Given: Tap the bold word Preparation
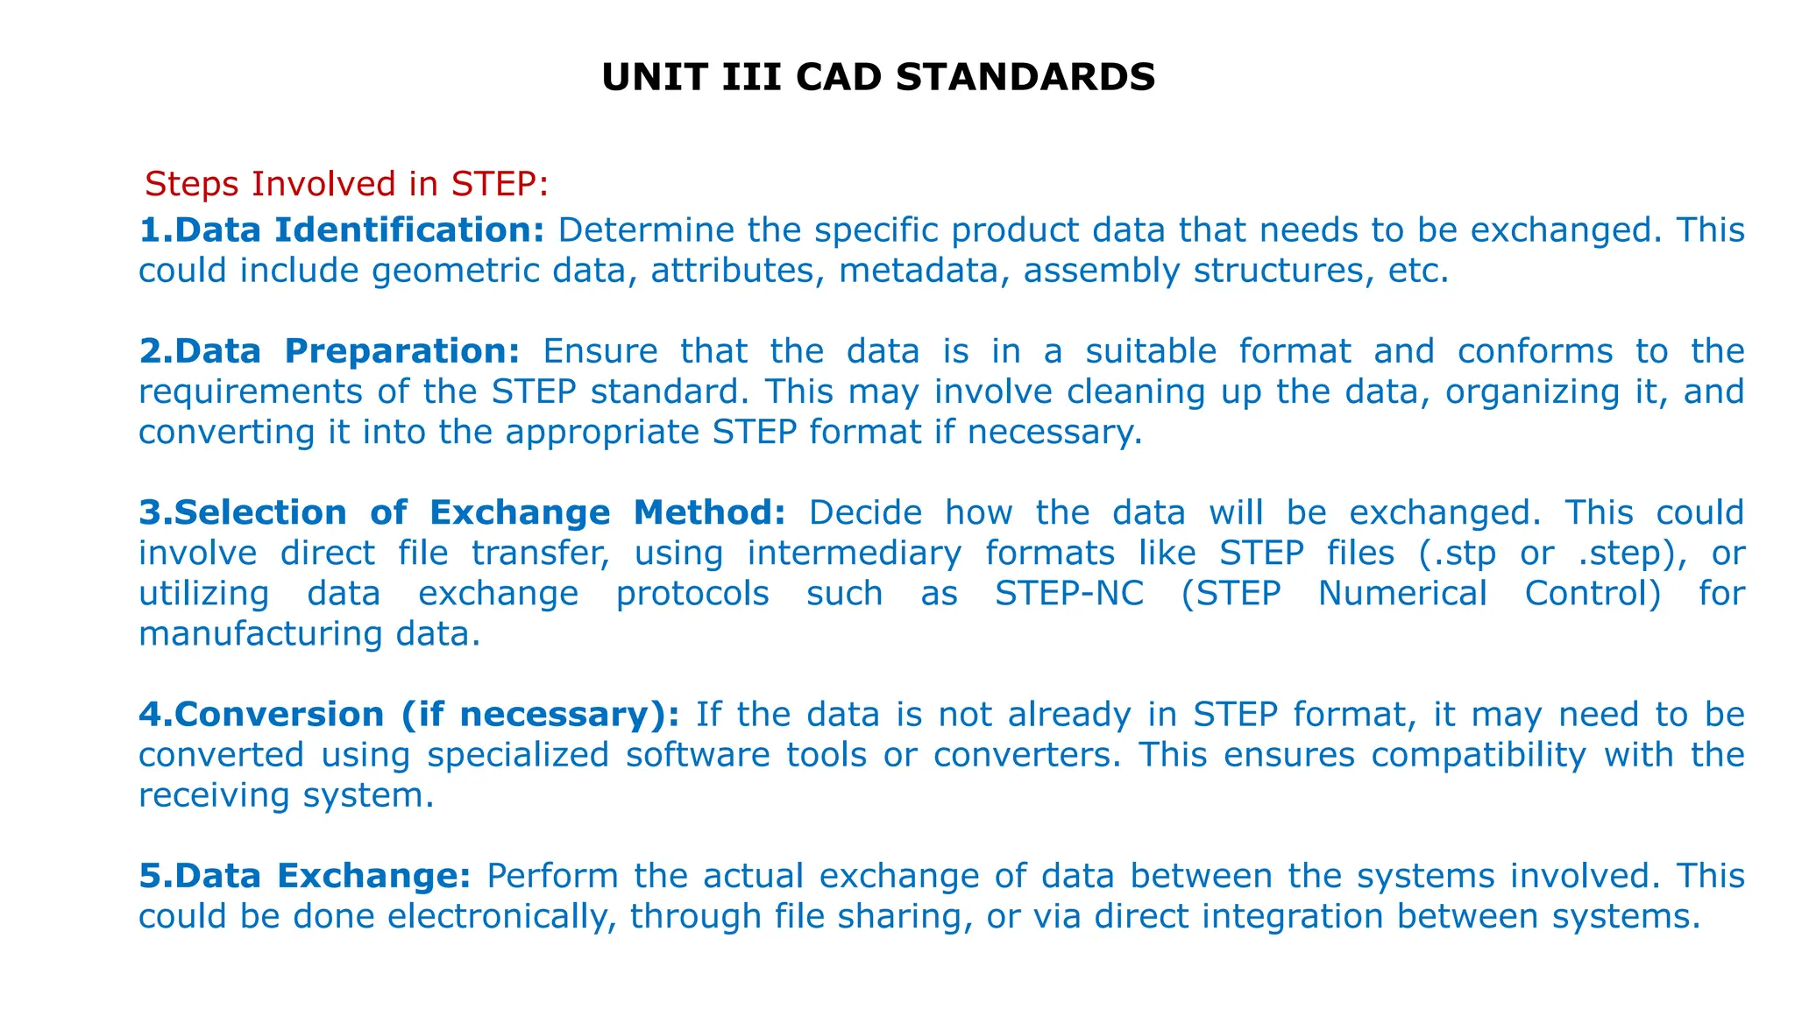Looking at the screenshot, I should (x=402, y=351).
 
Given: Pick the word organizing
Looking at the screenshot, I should (x=1533, y=392).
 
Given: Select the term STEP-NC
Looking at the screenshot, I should (x=1069, y=593).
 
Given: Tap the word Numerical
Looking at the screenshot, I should (x=1402, y=593).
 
